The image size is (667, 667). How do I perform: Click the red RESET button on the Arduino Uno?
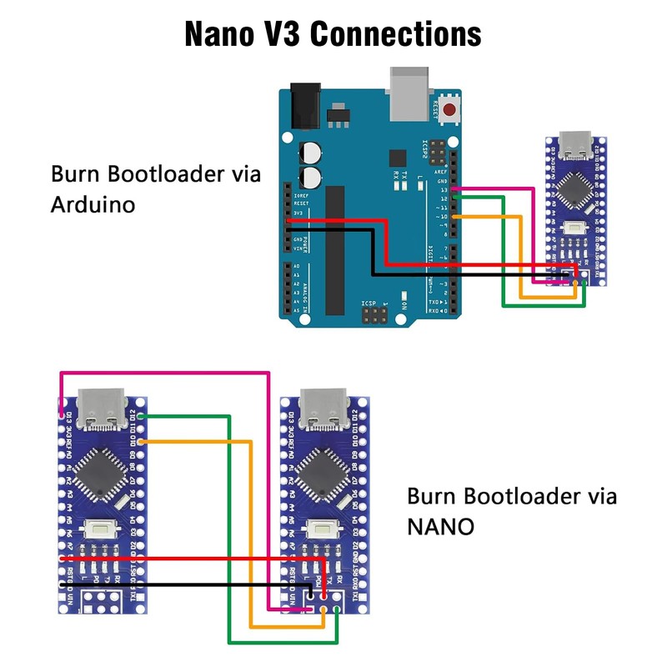click(x=451, y=110)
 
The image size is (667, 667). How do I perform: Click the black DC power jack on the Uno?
click(x=303, y=106)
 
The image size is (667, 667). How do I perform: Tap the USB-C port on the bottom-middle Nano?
click(x=321, y=406)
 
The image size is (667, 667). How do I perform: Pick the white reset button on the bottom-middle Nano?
click(x=321, y=528)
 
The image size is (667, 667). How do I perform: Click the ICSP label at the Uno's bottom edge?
click(x=369, y=303)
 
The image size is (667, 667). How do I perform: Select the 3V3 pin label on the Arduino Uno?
click(x=298, y=213)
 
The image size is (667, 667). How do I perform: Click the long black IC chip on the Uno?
click(x=334, y=250)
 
